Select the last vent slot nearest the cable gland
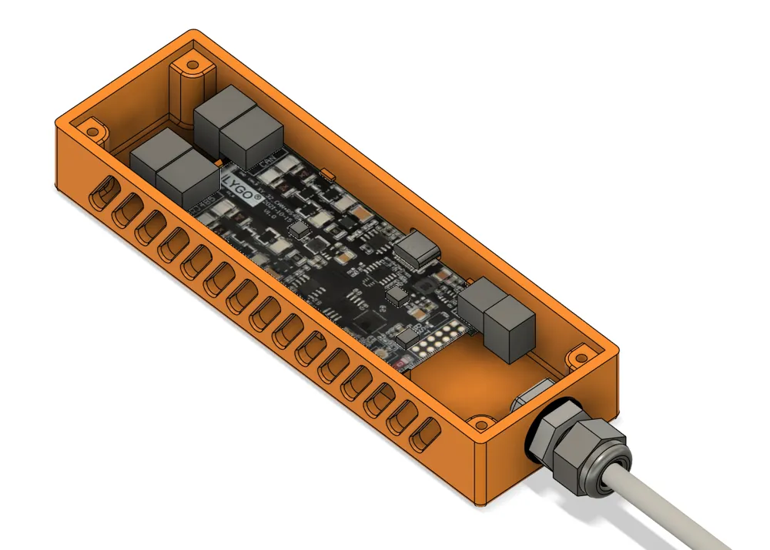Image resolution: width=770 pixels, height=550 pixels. pyautogui.click(x=422, y=436)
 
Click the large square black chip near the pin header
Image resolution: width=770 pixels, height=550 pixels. pyautogui.click(x=372, y=321)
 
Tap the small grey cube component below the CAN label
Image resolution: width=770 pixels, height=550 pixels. pyautogui.click(x=299, y=229)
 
